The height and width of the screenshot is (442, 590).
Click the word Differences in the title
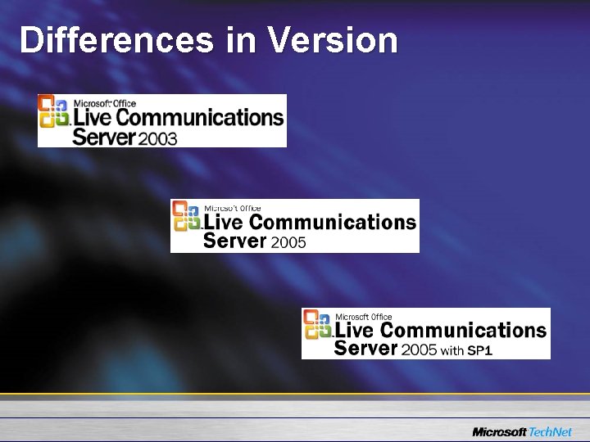tap(116, 39)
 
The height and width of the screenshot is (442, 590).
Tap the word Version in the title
tap(333, 39)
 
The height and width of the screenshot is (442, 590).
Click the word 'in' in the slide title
tap(241, 39)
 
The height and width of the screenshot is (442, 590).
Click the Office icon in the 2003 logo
tap(54, 110)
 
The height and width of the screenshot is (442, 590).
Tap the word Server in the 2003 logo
tap(103, 136)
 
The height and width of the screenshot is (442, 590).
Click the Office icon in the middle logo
tap(186, 216)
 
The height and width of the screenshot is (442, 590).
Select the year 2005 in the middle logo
tap(289, 242)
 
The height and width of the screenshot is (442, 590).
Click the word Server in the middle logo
tap(234, 241)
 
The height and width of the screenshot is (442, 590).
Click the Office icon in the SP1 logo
tap(318, 324)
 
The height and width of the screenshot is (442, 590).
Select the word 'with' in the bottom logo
tap(452, 350)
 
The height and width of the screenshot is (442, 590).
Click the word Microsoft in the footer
tap(500, 431)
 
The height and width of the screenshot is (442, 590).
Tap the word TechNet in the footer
tap(551, 431)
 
